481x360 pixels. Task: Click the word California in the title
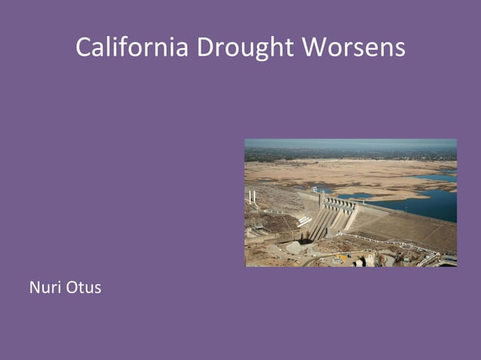coord(132,47)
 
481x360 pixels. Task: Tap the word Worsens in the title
coord(354,47)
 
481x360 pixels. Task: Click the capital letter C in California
coord(83,47)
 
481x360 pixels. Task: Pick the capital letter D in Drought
coord(204,47)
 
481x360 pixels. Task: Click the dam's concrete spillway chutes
coord(323,222)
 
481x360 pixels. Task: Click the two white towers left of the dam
coord(252,197)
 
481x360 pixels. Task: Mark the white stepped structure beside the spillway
coord(305,221)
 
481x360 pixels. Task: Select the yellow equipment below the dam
coord(343,258)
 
